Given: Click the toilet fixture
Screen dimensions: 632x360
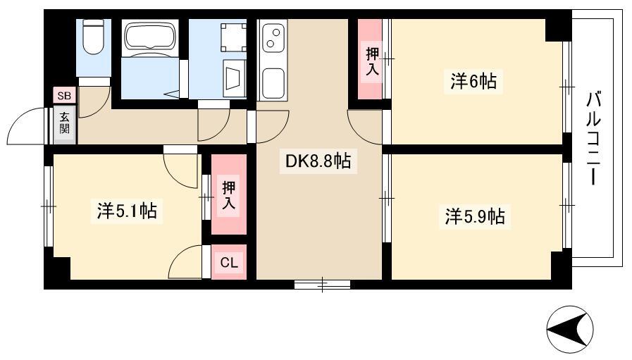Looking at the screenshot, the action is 93,37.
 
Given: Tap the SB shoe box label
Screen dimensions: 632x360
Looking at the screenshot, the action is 64,96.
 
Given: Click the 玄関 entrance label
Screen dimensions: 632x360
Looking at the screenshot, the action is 65,123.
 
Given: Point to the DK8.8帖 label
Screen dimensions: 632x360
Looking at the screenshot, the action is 318,161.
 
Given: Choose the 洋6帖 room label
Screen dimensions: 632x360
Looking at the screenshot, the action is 473,82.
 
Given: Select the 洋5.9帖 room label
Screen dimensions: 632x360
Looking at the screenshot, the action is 475,217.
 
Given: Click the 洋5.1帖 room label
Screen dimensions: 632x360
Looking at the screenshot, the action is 127,211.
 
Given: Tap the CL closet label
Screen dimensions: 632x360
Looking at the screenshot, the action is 229,263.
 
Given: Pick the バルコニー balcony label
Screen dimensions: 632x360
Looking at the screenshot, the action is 593,138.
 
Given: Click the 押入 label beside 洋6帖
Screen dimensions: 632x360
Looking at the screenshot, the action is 371,62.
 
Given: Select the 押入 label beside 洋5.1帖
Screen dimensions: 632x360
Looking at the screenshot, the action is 228,195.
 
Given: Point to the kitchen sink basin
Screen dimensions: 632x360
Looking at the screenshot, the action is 273,83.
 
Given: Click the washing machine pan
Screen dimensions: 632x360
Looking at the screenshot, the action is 233,37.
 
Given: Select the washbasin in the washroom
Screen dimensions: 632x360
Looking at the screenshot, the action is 235,78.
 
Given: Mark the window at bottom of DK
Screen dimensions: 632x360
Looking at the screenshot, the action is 322,284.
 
